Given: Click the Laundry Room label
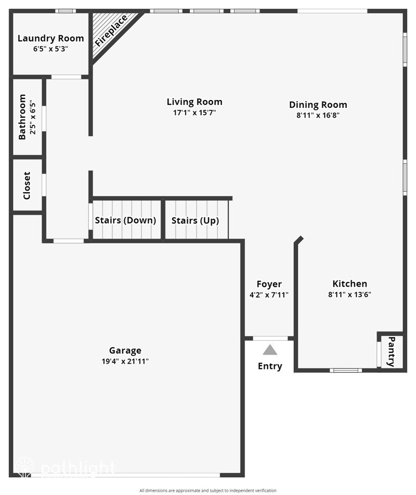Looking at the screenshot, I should pos(50,38).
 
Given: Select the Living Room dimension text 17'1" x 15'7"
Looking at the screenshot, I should pos(194,113).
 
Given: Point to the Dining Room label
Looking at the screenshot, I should pos(318,105).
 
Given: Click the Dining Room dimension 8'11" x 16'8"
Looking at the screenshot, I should pos(318,115).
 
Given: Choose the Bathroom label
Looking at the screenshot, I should pos(22,117).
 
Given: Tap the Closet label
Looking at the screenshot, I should pos(27,185).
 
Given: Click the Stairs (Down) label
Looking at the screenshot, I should pos(125,220).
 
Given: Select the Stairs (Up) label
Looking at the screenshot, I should pos(195,220).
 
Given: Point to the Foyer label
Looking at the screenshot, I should pos(269,284).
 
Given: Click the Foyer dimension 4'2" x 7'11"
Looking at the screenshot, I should pos(269,294).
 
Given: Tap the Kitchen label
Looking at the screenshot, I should pos(349,284).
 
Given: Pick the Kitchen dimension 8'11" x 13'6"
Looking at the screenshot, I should pos(349,294).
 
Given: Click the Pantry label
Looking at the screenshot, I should pos(392,352).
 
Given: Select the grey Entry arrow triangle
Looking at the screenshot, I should pos(270,350).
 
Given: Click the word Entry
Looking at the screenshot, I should pos(270,366).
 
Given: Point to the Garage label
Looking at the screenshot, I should pos(125,351).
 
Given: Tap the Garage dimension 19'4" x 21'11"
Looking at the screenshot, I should pos(125,361).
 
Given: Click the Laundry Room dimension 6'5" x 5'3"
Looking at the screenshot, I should pos(50,48).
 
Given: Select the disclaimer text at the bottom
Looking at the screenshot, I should pos(208,490).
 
